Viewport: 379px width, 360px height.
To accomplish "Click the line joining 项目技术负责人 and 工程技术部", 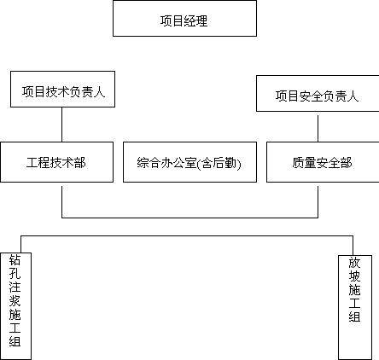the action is [62, 125].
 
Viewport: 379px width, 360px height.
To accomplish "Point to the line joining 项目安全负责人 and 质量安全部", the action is [318, 129].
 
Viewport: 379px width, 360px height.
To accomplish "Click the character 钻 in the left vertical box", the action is [15, 259].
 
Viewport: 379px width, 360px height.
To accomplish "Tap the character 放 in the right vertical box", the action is [354, 263].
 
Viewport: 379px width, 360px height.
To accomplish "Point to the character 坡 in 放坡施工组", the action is [354, 276].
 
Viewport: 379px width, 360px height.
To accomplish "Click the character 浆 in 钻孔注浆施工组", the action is [15, 300].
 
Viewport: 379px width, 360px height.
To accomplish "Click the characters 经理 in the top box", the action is [196, 20].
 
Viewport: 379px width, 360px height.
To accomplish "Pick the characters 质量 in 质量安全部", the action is [304, 163].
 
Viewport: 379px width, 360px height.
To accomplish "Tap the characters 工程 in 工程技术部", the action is [38, 163].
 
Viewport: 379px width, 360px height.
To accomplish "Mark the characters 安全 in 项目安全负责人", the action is [311, 96].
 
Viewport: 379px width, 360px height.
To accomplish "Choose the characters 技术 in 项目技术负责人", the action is [58, 92].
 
